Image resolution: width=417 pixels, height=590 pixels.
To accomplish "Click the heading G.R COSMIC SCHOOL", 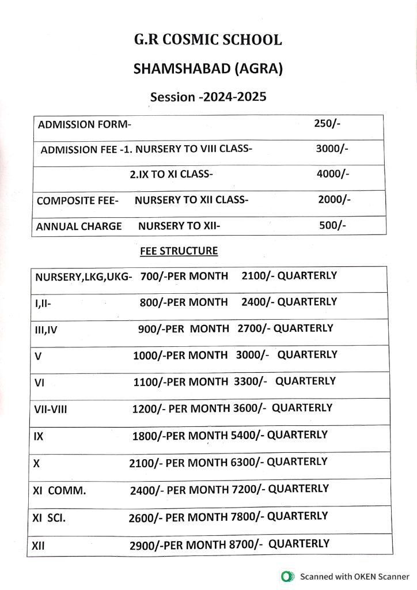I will point(208,40).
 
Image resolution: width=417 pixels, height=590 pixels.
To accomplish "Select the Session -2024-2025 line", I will point(208,96).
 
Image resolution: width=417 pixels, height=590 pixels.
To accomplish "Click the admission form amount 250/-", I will point(328,123).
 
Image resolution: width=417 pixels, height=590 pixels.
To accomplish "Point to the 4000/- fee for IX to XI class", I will point(333,173).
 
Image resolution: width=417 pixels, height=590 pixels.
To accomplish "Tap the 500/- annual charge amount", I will point(332,226).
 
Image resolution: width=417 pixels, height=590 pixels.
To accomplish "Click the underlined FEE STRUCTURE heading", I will point(179,251).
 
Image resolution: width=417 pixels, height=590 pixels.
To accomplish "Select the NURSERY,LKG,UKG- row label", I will point(84,277).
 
